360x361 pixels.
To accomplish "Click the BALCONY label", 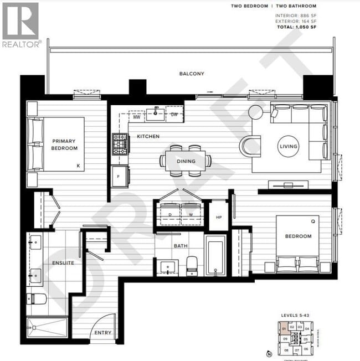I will (192, 74).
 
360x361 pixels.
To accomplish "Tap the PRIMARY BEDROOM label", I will (65, 145).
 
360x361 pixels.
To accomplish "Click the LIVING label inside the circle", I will (289, 146).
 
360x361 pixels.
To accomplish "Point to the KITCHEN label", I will (148, 136).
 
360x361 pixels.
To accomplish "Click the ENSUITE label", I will (63, 263).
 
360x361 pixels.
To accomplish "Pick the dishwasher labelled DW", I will (174, 115).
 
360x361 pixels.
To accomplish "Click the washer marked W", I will (190, 213).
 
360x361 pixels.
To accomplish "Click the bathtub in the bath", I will (215, 255).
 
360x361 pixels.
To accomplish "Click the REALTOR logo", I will (21, 25).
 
